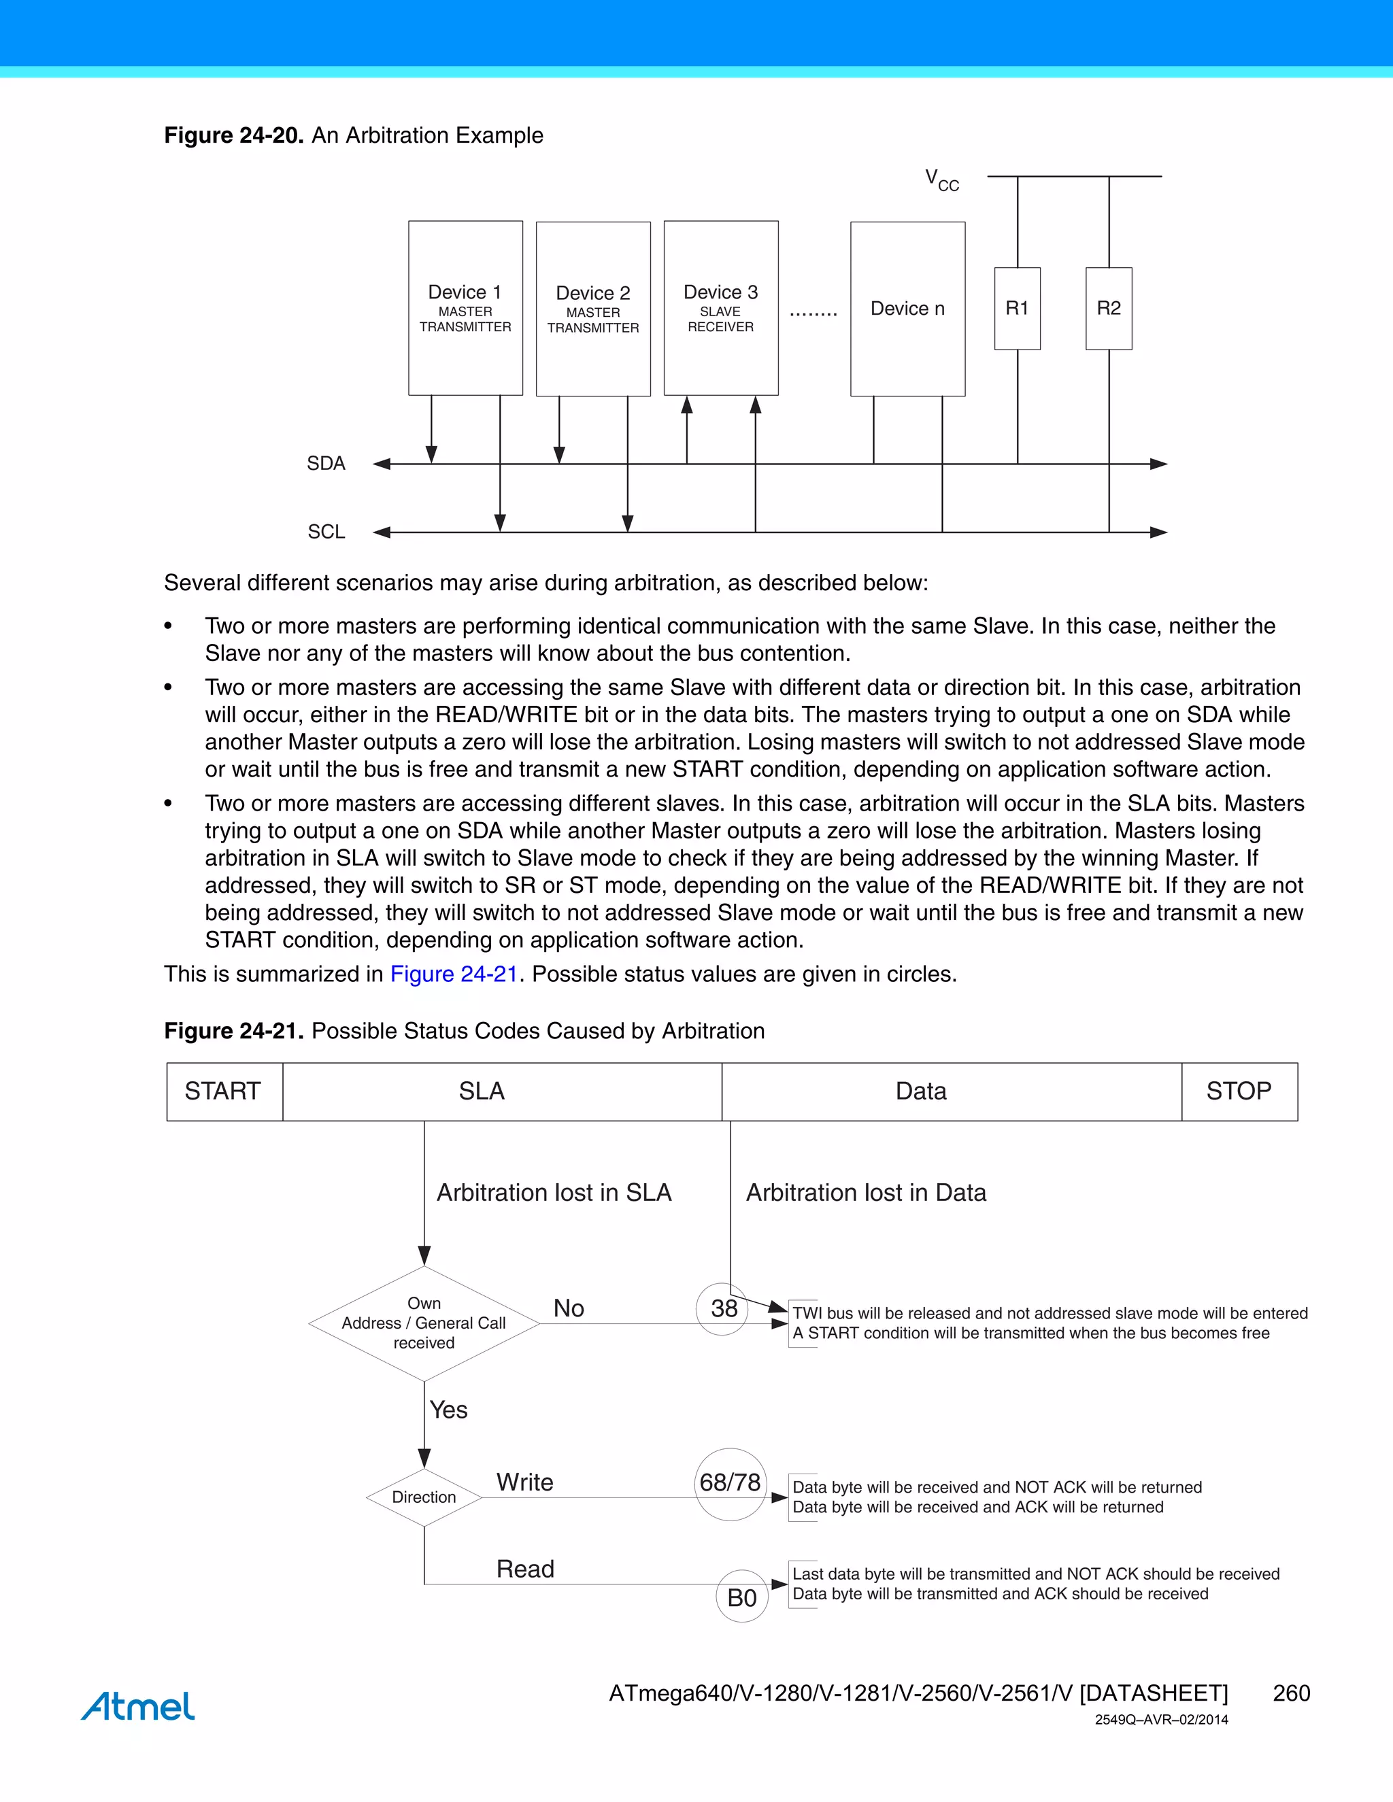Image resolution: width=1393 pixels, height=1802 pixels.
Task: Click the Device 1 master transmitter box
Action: (x=465, y=308)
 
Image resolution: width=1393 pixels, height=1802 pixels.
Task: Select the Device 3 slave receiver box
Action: (x=720, y=308)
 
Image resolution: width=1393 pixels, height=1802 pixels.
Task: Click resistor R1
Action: (x=1017, y=309)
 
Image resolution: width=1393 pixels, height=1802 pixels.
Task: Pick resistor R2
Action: (x=1108, y=309)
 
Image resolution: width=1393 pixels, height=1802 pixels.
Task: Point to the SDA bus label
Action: (x=326, y=464)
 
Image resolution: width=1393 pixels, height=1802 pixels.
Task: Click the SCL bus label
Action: (x=326, y=532)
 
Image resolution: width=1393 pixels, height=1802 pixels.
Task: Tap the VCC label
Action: (x=941, y=180)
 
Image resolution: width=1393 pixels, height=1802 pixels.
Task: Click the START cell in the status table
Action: (x=224, y=1091)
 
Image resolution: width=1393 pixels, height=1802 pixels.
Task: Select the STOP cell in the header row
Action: (x=1239, y=1091)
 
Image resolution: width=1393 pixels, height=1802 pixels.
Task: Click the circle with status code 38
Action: (x=723, y=1308)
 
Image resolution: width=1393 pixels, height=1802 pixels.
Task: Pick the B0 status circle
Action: (x=742, y=1597)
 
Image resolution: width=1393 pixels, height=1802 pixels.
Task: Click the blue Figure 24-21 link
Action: (x=453, y=974)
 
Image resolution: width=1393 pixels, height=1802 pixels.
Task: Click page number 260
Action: (x=1291, y=1693)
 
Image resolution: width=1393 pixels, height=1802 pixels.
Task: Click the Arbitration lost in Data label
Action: (x=866, y=1193)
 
